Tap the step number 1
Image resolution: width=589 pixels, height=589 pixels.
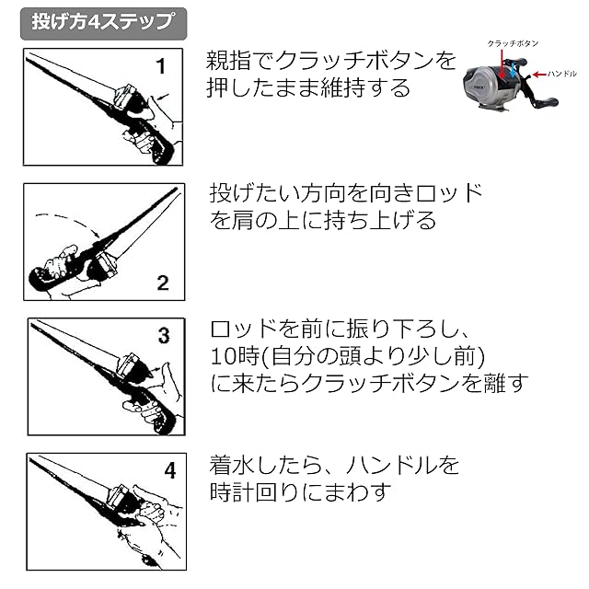point(160,66)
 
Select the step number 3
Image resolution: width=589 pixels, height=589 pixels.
point(163,336)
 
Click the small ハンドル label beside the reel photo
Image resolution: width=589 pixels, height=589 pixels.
point(561,72)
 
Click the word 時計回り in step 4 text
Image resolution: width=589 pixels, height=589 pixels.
point(271,491)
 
